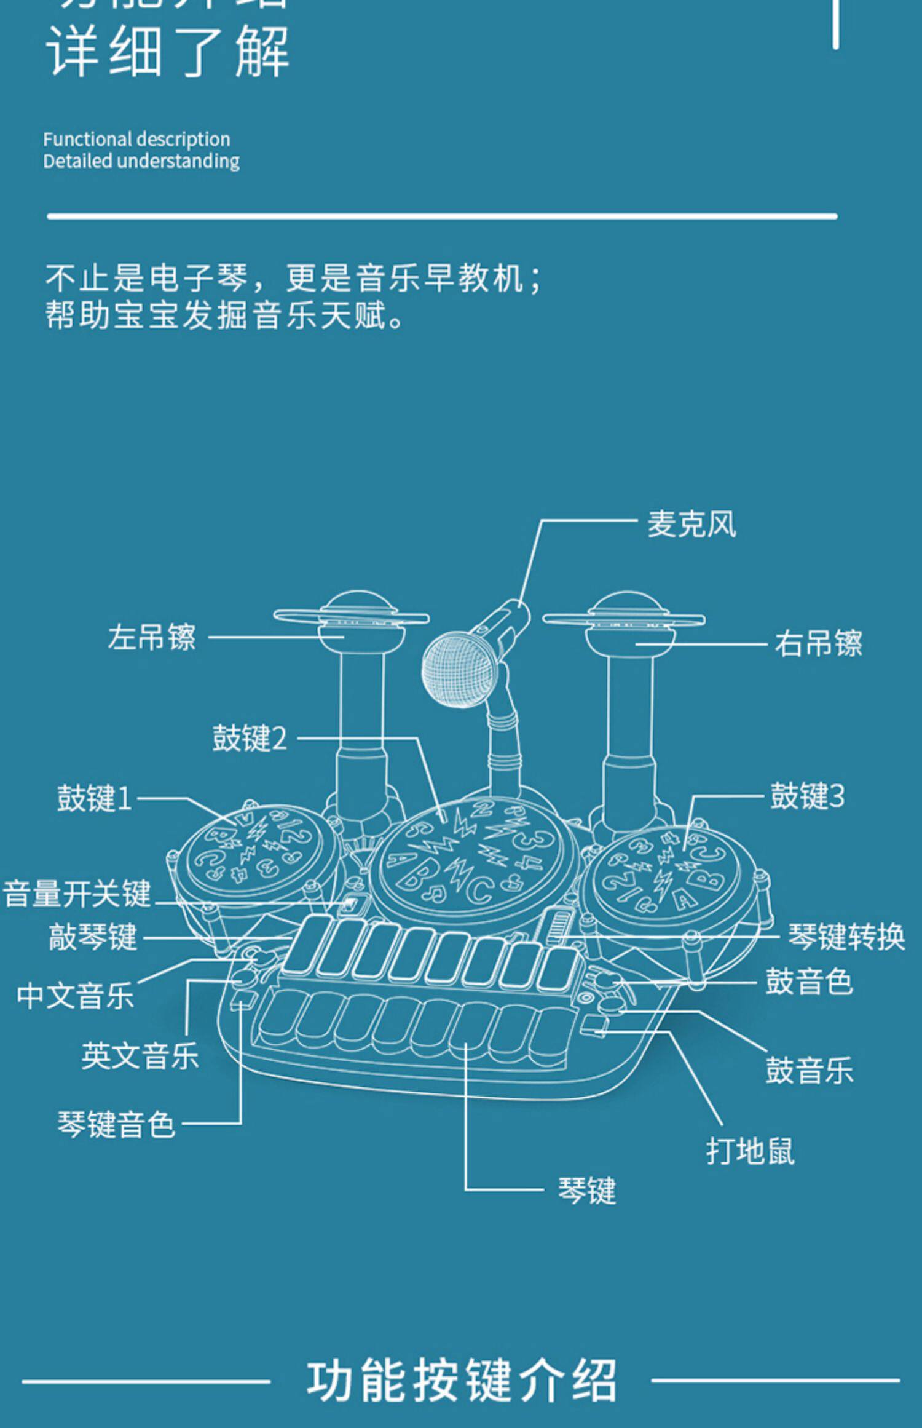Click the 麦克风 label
691,525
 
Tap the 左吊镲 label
152,637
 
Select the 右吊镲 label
818,644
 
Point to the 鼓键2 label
250,738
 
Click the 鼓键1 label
95,798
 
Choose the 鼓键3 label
808,796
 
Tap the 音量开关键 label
77,894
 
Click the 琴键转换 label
846,937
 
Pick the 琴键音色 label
116,1124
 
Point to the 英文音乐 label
140,1056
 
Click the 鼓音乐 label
809,1070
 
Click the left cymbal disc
351,616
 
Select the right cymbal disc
623,618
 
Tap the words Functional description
136,140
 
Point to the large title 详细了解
167,52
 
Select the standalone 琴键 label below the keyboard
586,1191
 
